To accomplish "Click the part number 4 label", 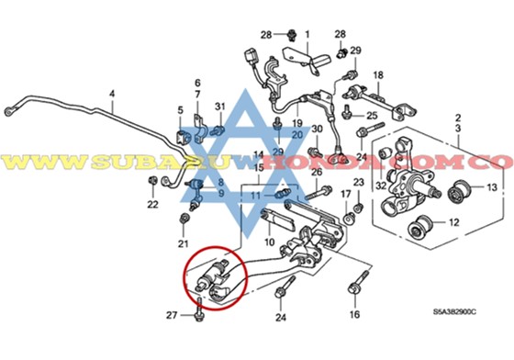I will pos(112,93).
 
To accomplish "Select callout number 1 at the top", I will pos(307,35).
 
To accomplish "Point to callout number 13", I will pos(490,188).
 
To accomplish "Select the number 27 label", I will pos(171,316).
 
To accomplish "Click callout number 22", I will pos(153,204).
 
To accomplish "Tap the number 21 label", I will pos(183,243).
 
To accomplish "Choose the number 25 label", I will pos(372,116).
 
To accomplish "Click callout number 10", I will pos(268,242).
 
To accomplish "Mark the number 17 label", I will pos(346,194).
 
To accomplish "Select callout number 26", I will pos(315,172).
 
